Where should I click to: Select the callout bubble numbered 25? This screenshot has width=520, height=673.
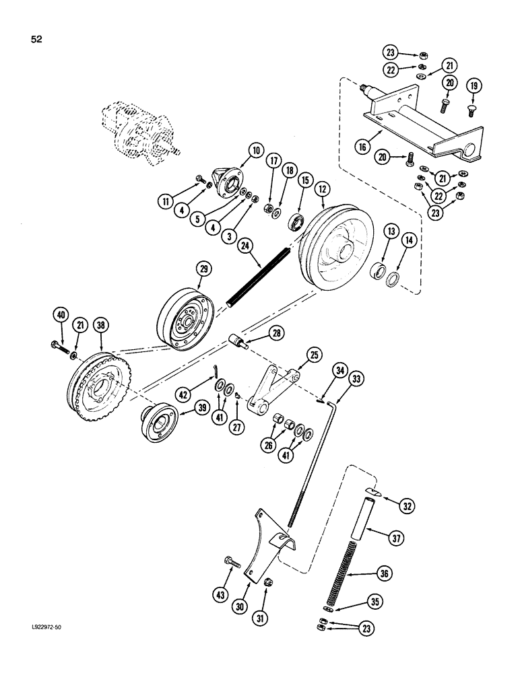[314, 352]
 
